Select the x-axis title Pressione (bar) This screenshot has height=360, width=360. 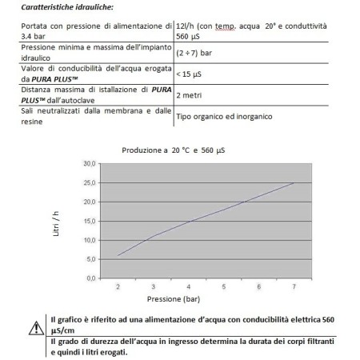point(206,300)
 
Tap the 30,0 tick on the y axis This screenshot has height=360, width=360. point(90,163)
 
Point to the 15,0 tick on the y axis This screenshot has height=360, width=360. point(90,221)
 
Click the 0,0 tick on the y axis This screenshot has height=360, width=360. point(91,278)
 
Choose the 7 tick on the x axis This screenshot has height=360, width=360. point(294,286)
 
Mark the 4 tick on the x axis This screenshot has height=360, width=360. point(189,286)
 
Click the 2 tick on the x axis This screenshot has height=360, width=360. point(118,286)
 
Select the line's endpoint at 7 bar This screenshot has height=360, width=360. point(294,182)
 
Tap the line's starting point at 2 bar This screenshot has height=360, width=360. point(118,255)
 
